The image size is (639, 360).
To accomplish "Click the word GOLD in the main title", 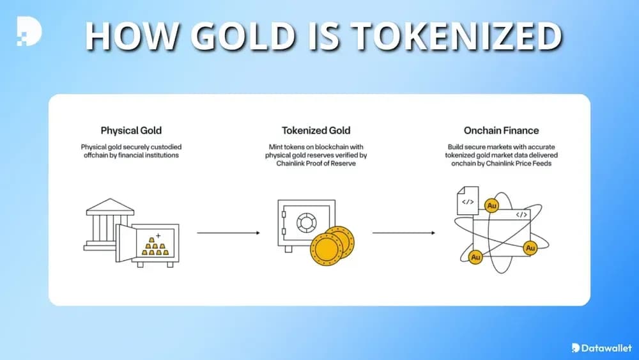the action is pyautogui.click(x=243, y=36).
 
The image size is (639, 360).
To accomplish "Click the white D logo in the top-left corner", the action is pyautogui.click(x=29, y=31).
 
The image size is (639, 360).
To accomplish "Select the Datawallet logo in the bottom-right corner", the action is pyautogui.click(x=601, y=348).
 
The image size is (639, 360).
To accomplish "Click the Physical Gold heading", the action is pyautogui.click(x=131, y=130).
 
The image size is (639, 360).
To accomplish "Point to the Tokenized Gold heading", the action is pyautogui.click(x=316, y=130).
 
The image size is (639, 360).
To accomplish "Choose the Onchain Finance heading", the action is pyautogui.click(x=501, y=130).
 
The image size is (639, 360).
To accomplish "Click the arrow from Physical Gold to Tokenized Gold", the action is pyautogui.click(x=228, y=233).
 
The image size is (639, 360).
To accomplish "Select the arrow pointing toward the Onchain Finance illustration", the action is pyautogui.click(x=403, y=233).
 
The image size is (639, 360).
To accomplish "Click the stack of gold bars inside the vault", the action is pyautogui.click(x=155, y=246).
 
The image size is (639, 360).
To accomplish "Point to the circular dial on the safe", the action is pyautogui.click(x=307, y=223).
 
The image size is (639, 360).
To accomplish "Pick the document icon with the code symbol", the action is pyautogui.click(x=468, y=201).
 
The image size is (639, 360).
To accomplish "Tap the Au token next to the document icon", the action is pyautogui.click(x=492, y=205).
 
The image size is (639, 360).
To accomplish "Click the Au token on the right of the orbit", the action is pyautogui.click(x=530, y=248).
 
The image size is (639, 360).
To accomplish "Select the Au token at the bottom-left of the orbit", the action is pyautogui.click(x=475, y=257).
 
